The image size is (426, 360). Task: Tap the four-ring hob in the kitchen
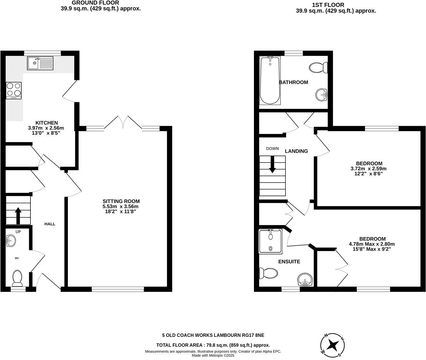pyautogui.click(x=14, y=91)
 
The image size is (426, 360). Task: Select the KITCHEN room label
pyautogui.click(x=46, y=123)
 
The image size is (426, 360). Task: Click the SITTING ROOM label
pyautogui.click(x=121, y=201)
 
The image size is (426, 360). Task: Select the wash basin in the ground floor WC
pyautogui.click(x=11, y=241)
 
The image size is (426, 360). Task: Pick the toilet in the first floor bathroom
pyautogui.click(x=318, y=67)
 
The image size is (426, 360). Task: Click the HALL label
pyautogui.click(x=50, y=224)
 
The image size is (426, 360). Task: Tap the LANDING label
pyautogui.click(x=296, y=151)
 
